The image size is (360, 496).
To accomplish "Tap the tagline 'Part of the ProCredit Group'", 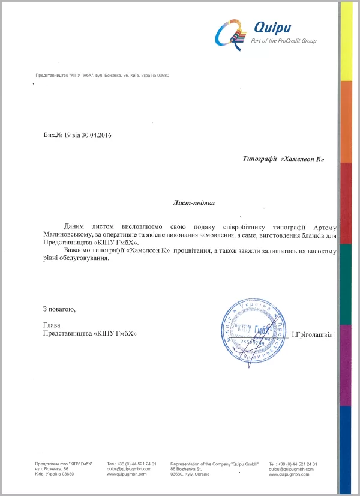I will point(284,41).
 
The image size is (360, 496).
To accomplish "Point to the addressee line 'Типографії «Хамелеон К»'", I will point(283,159).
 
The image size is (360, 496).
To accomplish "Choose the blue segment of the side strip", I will point(346,444).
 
